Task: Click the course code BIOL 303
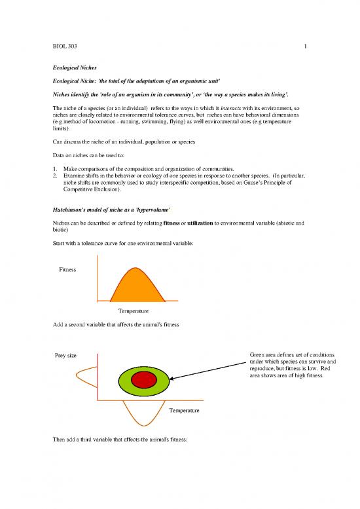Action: tap(65, 47)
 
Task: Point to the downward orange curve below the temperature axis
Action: tap(137, 418)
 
